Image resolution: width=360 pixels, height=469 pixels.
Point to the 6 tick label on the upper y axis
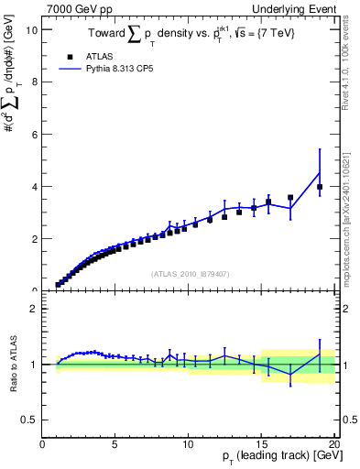point(33,135)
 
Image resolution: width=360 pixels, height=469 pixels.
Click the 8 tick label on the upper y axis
point(33,82)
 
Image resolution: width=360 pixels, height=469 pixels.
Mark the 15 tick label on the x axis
point(261,444)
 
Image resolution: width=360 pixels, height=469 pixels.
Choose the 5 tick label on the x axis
point(115,444)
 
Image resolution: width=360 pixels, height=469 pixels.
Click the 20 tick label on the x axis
point(333,444)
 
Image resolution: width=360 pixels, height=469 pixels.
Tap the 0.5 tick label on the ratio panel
point(30,420)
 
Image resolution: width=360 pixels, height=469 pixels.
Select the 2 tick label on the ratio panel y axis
point(33,309)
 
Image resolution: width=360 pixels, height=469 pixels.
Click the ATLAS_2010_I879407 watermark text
point(189,273)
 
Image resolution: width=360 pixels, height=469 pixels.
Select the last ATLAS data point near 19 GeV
point(320,187)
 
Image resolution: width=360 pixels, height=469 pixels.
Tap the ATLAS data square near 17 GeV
point(290,197)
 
